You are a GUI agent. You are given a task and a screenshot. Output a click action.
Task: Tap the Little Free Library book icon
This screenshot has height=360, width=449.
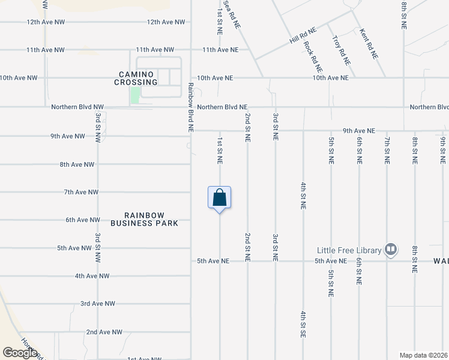tap(391, 248)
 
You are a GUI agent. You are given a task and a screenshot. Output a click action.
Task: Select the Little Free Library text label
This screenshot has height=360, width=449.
tap(349, 250)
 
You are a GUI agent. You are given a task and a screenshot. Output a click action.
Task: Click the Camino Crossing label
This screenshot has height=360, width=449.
tap(137, 78)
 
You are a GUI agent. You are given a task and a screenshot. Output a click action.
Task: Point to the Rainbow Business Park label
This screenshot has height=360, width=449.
tap(144, 219)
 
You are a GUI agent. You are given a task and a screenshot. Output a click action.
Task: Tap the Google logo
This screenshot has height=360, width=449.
tap(20, 353)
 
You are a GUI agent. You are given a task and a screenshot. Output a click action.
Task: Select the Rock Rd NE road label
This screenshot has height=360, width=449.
tap(313, 56)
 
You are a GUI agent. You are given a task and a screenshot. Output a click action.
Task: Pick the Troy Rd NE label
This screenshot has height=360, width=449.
tap(342, 50)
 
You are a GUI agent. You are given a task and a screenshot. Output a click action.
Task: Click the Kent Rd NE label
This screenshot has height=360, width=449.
tap(368, 43)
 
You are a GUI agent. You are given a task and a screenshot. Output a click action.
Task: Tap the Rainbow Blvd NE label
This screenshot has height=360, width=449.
tap(191, 107)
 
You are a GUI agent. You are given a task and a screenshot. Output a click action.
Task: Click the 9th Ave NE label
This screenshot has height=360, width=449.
tap(359, 131)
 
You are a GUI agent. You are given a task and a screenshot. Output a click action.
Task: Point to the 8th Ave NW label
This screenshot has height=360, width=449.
tap(77, 164)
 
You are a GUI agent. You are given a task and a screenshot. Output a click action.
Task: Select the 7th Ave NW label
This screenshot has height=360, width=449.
tap(80, 192)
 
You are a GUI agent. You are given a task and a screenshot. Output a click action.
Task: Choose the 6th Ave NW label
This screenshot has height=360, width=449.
tap(83, 220)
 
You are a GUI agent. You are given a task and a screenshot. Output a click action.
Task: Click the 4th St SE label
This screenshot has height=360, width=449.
tap(303, 324)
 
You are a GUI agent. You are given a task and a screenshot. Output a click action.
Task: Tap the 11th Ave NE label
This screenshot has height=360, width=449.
tap(220, 50)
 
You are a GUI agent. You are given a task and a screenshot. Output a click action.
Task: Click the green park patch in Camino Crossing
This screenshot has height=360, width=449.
tap(136, 94)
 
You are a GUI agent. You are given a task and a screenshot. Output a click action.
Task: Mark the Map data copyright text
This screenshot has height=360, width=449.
tap(424, 355)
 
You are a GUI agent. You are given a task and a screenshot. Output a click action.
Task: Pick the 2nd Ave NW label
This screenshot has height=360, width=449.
tap(104, 332)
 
